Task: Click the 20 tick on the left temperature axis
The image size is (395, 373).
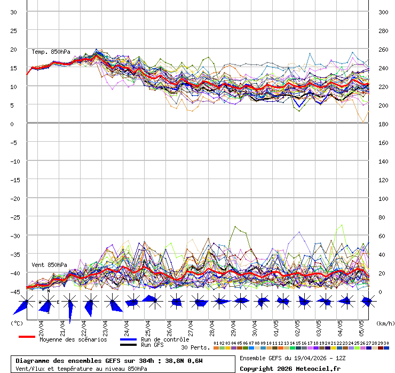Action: (x=14, y=49)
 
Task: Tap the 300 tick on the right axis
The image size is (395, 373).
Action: (x=383, y=12)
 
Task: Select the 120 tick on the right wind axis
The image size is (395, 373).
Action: (x=383, y=180)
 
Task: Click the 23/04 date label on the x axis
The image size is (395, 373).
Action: (x=105, y=325)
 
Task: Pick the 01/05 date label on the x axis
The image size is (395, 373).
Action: (x=276, y=325)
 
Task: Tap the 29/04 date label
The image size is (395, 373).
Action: (x=233, y=325)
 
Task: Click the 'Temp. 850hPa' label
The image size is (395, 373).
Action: (x=51, y=52)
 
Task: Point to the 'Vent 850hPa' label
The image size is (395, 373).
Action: (x=49, y=265)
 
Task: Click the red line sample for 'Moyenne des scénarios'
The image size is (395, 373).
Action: (x=27, y=337)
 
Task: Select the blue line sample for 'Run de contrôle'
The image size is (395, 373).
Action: (x=128, y=339)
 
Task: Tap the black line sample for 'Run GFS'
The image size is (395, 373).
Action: (x=128, y=345)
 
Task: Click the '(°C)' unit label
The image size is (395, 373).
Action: (x=17, y=323)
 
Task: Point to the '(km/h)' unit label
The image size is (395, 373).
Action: (x=384, y=323)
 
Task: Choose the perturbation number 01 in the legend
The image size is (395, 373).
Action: (x=216, y=343)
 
